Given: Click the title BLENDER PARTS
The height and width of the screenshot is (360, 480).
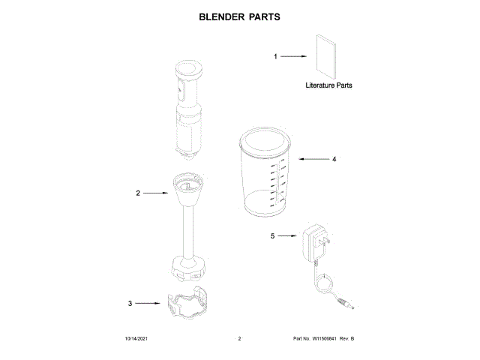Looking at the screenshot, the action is pyautogui.click(x=239, y=16).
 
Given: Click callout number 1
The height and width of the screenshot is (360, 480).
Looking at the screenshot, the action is pyautogui.click(x=275, y=56).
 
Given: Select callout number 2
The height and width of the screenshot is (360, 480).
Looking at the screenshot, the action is pyautogui.click(x=137, y=193).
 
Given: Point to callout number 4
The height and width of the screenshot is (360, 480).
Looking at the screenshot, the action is pyautogui.click(x=334, y=159).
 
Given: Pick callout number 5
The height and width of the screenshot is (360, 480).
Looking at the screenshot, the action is pyautogui.click(x=273, y=235).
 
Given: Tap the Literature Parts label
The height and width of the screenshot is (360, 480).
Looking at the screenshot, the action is pyautogui.click(x=328, y=85).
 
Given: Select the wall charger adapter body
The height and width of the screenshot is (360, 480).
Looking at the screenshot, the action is pyautogui.click(x=313, y=244).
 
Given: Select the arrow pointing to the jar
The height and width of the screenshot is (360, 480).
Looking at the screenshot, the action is pyautogui.click(x=312, y=159).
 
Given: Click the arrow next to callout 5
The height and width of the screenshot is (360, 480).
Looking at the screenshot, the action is pyautogui.click(x=289, y=235).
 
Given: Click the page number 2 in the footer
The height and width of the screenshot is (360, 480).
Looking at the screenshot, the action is pyautogui.click(x=238, y=340).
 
